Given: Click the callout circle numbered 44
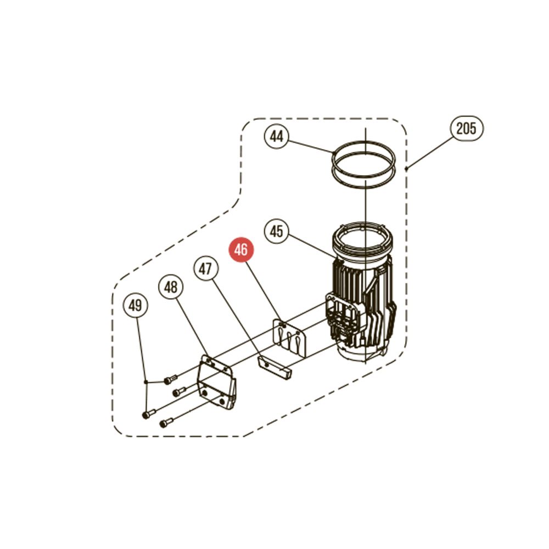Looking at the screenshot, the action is tap(277, 136).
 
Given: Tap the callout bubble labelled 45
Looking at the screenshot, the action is tap(276, 231).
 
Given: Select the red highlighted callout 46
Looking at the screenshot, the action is tap(241, 250).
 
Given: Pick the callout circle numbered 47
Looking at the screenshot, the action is tap(206, 268).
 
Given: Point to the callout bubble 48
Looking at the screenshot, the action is tap(171, 287).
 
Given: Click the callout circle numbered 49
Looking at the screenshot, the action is tap(136, 306).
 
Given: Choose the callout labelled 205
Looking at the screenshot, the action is tap(466, 128).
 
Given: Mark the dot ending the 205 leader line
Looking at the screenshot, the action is tap(406, 169).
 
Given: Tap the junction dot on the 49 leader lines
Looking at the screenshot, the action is tap(145, 382).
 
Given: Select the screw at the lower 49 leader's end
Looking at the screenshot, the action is tap(149, 414).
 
